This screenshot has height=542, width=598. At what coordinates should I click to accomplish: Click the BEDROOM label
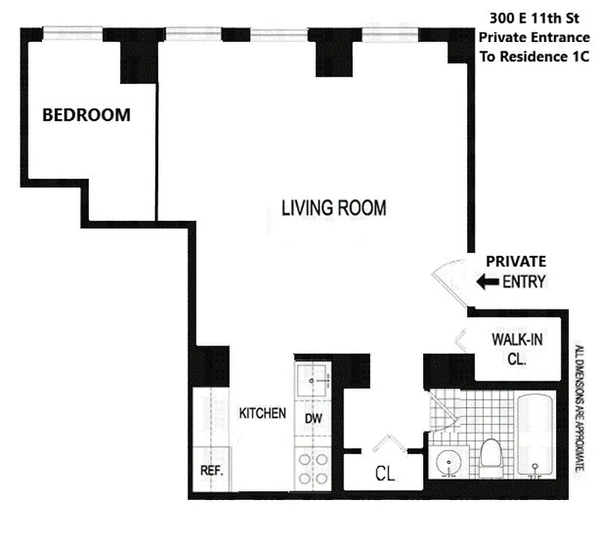(86, 115)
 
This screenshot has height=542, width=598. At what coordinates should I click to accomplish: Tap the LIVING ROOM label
(334, 207)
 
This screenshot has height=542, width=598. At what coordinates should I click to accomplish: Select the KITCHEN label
(262, 413)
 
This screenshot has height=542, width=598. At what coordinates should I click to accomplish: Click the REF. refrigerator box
(212, 470)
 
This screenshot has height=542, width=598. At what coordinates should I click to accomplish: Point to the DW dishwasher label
(313, 419)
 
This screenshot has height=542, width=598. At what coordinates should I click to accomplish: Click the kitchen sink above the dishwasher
(312, 381)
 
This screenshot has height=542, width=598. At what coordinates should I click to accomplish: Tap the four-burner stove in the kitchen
(312, 468)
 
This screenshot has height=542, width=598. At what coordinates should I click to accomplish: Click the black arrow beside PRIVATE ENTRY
(487, 282)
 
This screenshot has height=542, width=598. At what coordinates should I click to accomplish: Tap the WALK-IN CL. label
(517, 349)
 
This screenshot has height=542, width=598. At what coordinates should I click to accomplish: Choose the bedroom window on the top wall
(73, 32)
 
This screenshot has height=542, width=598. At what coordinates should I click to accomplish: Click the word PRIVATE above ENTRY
(515, 262)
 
